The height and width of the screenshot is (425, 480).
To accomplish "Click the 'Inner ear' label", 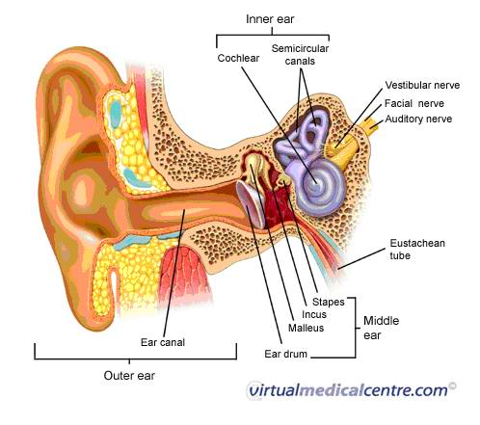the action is point(270,19).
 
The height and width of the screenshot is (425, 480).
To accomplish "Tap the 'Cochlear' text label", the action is point(238,58).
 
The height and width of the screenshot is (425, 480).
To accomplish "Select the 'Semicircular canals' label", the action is point(300,55).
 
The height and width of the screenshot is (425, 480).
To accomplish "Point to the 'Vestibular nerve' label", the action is point(422,85).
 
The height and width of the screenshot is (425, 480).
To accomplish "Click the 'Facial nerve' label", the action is point(414,103).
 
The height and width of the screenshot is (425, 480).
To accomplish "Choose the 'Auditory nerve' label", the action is point(418,119).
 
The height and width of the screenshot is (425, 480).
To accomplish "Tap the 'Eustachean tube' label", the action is point(417,249).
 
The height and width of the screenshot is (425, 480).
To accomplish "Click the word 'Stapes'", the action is point(329,302).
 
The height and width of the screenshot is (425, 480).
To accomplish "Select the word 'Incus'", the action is point(314,314).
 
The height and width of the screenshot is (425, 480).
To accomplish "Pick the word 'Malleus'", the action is point(306,328).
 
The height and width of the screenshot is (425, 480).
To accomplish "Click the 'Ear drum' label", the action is point(285,354).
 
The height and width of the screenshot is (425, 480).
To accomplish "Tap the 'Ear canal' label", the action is point(163,342).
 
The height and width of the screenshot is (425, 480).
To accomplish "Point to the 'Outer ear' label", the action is point(129,376).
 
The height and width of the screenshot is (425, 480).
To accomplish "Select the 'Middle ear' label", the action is point(381,328).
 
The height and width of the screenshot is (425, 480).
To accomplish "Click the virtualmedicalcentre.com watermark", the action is point(352,390).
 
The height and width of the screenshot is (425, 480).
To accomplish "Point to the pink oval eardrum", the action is point(251,204).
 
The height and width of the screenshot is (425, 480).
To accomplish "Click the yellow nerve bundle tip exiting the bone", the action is point(373,124).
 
